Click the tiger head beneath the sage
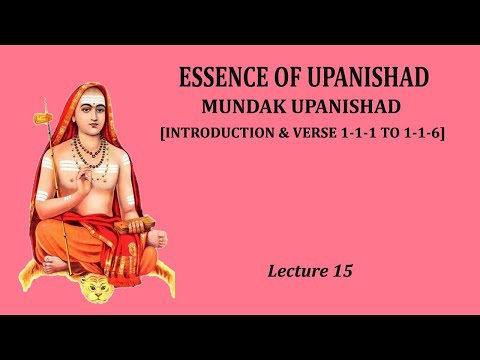coord(98,294)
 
